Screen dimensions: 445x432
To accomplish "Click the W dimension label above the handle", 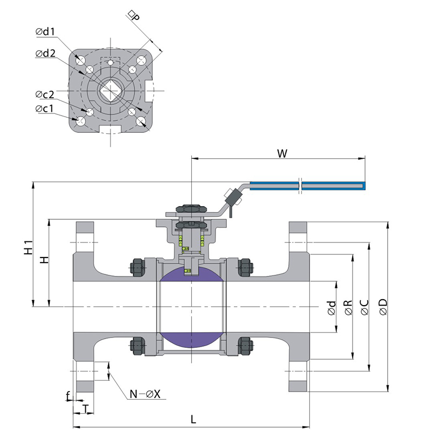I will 281,153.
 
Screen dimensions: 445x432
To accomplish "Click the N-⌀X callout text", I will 145,394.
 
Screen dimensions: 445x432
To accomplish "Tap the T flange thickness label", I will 85,409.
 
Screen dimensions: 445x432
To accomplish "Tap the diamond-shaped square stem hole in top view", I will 111,90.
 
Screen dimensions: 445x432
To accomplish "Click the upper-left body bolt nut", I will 137,267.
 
